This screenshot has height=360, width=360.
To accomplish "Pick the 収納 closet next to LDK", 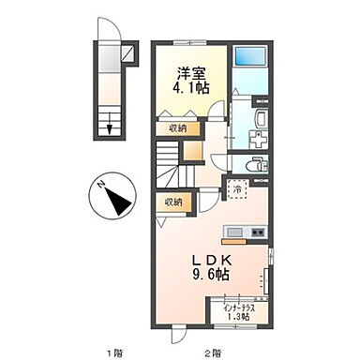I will [x=174, y=202].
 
